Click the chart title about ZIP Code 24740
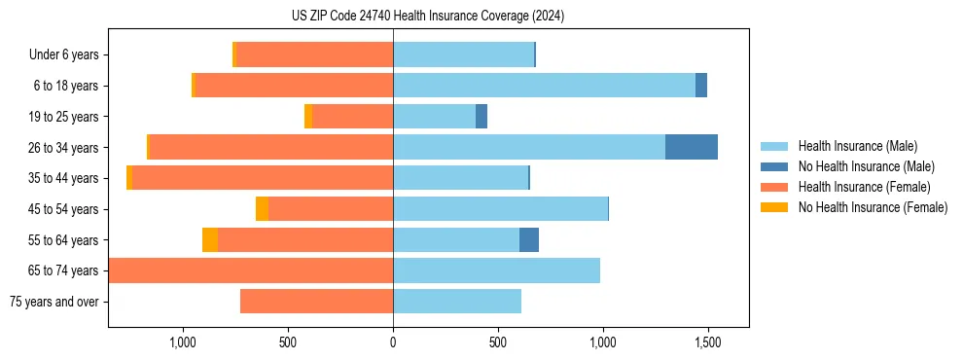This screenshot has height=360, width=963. pyautogui.click(x=427, y=17)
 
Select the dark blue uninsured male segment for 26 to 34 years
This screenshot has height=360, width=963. pyautogui.click(x=692, y=147)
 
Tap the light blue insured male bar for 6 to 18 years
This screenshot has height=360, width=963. pyautogui.click(x=544, y=86)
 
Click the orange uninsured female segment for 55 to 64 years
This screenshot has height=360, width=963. pyautogui.click(x=210, y=239)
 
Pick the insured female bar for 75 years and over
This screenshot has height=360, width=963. pyautogui.click(x=316, y=302)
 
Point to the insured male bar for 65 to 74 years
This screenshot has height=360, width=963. pyautogui.click(x=496, y=270)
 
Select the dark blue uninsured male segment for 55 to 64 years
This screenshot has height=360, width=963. pyautogui.click(x=529, y=239)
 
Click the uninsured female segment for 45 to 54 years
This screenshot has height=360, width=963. pyautogui.click(x=262, y=209)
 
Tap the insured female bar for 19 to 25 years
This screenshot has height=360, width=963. pyautogui.click(x=352, y=117)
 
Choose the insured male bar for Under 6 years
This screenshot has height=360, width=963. pyautogui.click(x=463, y=54)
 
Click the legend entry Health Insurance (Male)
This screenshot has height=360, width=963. pyautogui.click(x=857, y=146)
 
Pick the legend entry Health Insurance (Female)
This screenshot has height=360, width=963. pyautogui.click(x=864, y=187)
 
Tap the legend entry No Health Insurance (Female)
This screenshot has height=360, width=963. pyautogui.click(x=873, y=207)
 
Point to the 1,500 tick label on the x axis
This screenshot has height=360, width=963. pyautogui.click(x=708, y=342)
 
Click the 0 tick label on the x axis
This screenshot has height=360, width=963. pyautogui.click(x=393, y=342)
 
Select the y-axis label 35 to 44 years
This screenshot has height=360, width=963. pyautogui.click(x=63, y=178)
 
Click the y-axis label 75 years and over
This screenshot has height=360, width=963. pyautogui.click(x=53, y=302)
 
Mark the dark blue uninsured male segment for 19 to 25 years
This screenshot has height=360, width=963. pyautogui.click(x=481, y=117)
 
